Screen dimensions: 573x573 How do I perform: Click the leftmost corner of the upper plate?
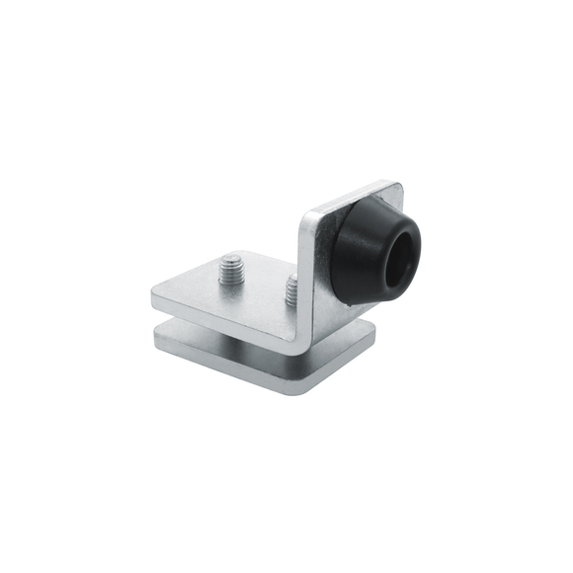[x=154, y=294]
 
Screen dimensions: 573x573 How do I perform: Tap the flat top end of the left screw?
[x=232, y=259]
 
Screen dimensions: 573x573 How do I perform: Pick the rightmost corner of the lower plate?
[x=374, y=341]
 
